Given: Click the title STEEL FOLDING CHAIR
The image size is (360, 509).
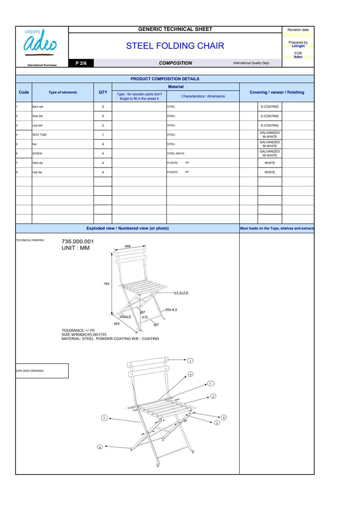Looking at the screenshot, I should (175, 46).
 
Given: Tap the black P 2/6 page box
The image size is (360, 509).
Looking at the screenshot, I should (81, 63).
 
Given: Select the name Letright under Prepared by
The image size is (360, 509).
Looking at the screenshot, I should (298, 46).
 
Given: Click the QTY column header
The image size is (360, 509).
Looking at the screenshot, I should (103, 92).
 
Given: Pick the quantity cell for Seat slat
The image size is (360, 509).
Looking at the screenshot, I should (103, 116).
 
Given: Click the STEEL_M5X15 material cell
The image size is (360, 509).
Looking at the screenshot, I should (176, 153).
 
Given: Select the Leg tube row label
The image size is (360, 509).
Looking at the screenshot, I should (37, 125).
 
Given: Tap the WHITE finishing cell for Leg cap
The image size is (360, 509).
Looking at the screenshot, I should (270, 172).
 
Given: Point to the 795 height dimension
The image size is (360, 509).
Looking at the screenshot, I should (107, 284).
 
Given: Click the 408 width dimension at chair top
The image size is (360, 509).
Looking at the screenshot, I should (127, 246).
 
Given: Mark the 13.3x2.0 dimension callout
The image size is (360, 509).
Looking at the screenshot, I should (181, 293).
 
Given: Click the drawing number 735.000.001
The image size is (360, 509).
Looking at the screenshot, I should (77, 241).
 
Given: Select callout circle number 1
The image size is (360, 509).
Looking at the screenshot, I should (190, 360).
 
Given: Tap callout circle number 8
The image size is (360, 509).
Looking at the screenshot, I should (100, 447).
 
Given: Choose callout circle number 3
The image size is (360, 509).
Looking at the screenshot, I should (104, 418).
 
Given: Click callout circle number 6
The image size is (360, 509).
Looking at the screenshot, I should (224, 418).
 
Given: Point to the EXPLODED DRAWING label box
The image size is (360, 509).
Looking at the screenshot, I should (42, 371).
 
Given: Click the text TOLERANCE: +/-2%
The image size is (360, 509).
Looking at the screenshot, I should (78, 330).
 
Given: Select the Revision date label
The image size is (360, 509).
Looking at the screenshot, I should (298, 30).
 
